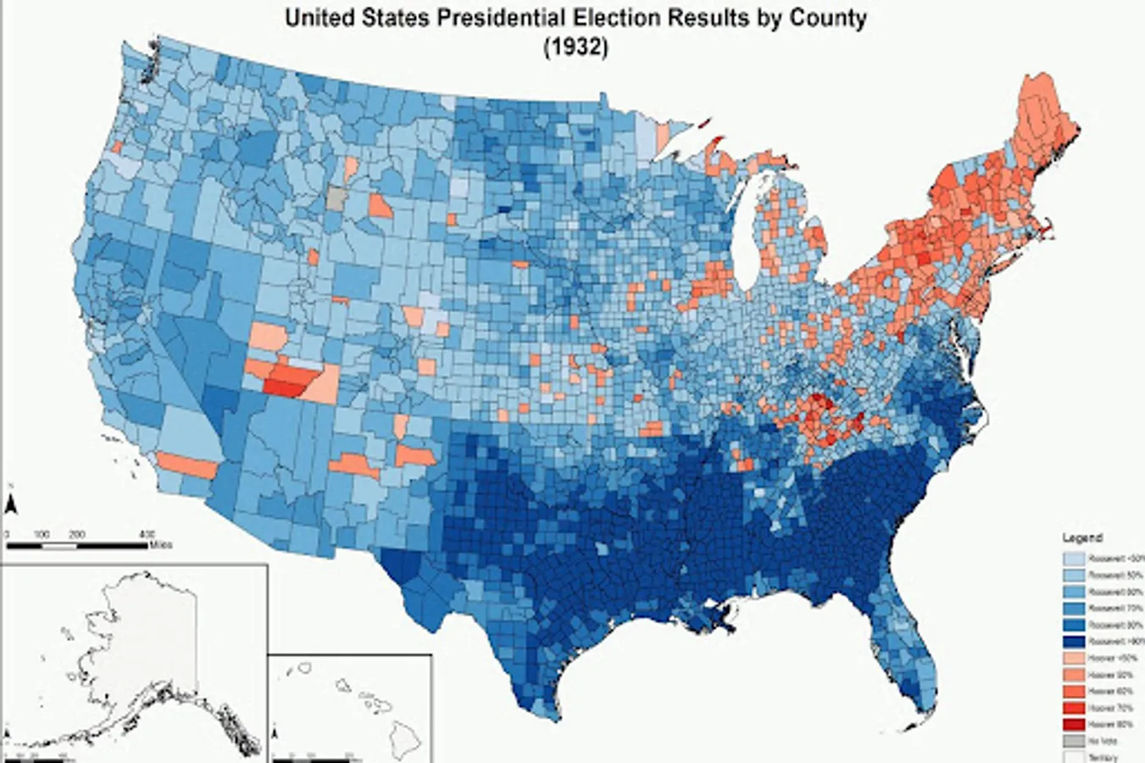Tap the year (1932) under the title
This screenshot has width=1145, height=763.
pos(575,48)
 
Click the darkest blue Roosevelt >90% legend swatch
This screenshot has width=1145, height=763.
pos(1074,641)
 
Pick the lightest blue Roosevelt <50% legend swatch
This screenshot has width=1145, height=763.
pos(1074,558)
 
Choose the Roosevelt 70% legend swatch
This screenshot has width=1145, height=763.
pos(1074,608)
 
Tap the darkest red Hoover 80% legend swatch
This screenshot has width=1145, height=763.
pos(1074,724)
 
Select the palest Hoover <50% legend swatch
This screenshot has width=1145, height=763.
pos(1074,658)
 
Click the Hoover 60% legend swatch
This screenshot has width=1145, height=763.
pos(1074,691)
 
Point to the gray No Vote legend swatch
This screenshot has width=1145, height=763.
pos(1074,741)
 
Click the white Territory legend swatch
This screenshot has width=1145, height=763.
pos(1074,757)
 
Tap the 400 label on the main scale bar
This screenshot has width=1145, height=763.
pos(147,534)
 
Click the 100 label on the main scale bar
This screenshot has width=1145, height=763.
pos(41,534)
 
